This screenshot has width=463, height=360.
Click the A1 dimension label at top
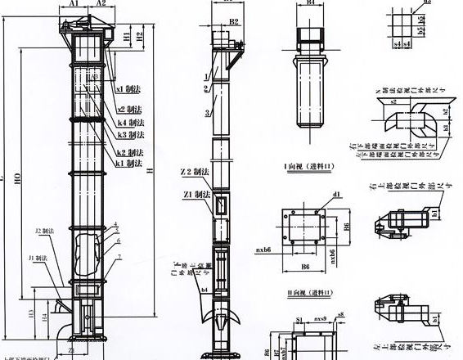[x=73, y=4]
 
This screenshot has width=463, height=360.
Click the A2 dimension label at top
[x=101, y=4]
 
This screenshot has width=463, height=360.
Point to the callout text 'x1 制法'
[x=130, y=88]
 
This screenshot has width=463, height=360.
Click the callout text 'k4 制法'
[x=130, y=123]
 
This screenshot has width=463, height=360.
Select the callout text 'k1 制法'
[x=128, y=164]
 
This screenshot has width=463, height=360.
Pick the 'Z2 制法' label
[x=193, y=174]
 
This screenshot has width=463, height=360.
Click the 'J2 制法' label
[x=45, y=232]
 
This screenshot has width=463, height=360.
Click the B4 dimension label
[x=311, y=4]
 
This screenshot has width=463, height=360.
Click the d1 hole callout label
[x=336, y=195]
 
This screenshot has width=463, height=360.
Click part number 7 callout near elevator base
[x=120, y=257]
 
